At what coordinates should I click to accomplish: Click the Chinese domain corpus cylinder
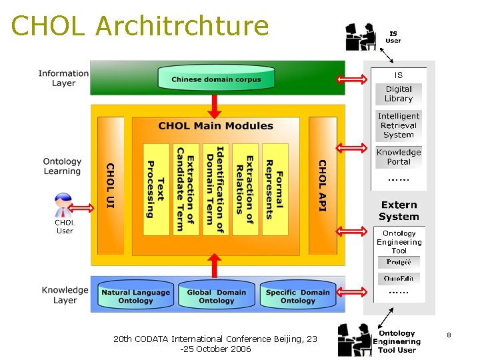coord(216,79)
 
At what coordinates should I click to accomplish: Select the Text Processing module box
coord(156,189)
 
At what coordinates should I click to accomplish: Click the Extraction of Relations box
coord(245,189)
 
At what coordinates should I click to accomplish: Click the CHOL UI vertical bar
coord(111,186)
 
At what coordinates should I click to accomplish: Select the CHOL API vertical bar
coord(323,186)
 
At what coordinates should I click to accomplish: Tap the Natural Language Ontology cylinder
coord(135,296)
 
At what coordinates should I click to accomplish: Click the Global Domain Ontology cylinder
coord(217,296)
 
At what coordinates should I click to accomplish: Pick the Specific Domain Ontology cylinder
coord(298,296)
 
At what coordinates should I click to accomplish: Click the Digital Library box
coord(399,94)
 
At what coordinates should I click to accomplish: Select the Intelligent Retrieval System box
coord(399,125)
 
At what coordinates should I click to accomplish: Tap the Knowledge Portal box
coord(399,157)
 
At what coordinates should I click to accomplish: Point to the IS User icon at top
coord(361,37)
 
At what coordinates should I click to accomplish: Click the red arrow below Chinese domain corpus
coord(215,105)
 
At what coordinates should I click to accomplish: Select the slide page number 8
coord(449,335)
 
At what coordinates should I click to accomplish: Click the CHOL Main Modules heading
coord(215,126)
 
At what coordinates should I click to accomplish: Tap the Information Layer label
coord(63,79)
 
